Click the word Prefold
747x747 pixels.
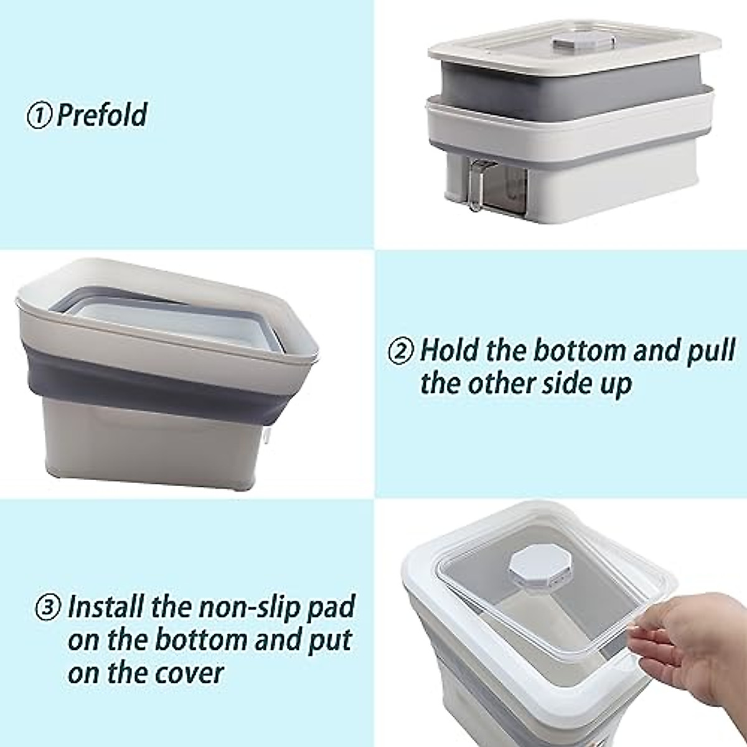(x=102, y=115)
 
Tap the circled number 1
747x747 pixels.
(x=39, y=116)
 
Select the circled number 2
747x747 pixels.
(x=401, y=351)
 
